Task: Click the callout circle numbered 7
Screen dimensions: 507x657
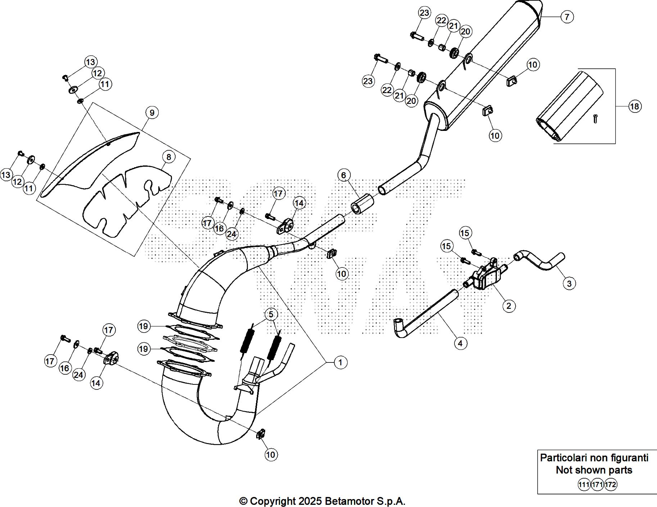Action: click(567, 17)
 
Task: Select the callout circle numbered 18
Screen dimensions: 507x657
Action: click(635, 106)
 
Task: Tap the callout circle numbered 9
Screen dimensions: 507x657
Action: click(152, 113)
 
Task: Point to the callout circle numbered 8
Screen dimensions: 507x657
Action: click(168, 157)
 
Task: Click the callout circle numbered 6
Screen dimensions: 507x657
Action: click(343, 175)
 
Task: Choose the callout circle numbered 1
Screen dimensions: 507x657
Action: click(340, 362)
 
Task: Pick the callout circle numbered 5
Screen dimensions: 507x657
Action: click(271, 314)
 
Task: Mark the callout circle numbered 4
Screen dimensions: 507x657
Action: click(460, 343)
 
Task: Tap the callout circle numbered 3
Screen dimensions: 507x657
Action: click(569, 283)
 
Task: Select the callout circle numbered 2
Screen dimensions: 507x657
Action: click(509, 306)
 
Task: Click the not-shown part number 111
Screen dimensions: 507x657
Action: click(584, 485)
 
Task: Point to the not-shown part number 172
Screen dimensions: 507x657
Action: click(611, 485)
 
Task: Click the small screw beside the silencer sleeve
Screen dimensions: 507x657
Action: click(595, 118)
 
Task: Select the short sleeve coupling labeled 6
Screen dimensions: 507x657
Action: click(362, 204)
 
